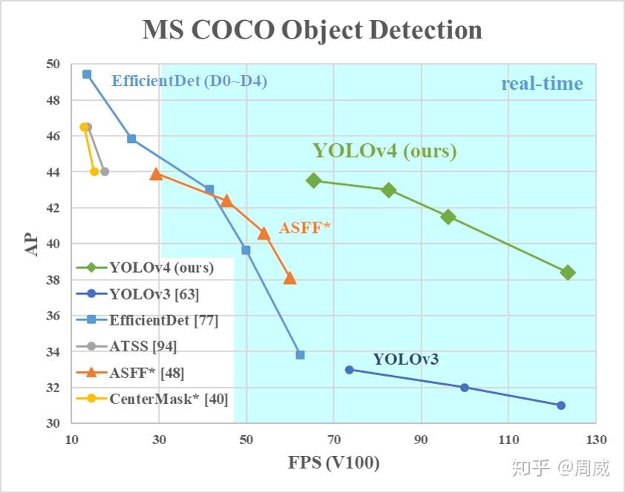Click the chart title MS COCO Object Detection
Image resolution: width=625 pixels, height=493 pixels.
312,30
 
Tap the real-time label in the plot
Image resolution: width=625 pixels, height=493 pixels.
542,84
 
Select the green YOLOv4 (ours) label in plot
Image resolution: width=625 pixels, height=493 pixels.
384,151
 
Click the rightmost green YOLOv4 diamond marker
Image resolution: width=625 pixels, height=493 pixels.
568,273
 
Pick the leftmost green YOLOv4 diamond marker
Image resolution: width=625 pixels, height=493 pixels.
313,180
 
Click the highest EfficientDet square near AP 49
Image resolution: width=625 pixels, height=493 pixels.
87,74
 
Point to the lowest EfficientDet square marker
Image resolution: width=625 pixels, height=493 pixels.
300,355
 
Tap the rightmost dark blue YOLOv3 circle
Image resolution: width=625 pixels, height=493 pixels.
561,406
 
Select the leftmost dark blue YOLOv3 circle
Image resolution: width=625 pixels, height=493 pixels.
350,369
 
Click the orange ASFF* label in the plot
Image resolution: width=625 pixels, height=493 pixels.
304,228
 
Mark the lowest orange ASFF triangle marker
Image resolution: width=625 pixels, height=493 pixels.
289,278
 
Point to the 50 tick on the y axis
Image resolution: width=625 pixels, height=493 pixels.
53,64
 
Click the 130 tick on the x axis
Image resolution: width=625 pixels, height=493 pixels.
595,439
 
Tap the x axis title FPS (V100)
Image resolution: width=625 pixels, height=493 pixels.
334,464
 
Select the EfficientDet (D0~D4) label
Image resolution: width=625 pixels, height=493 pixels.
189,82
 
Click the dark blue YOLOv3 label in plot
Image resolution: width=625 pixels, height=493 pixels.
405,360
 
